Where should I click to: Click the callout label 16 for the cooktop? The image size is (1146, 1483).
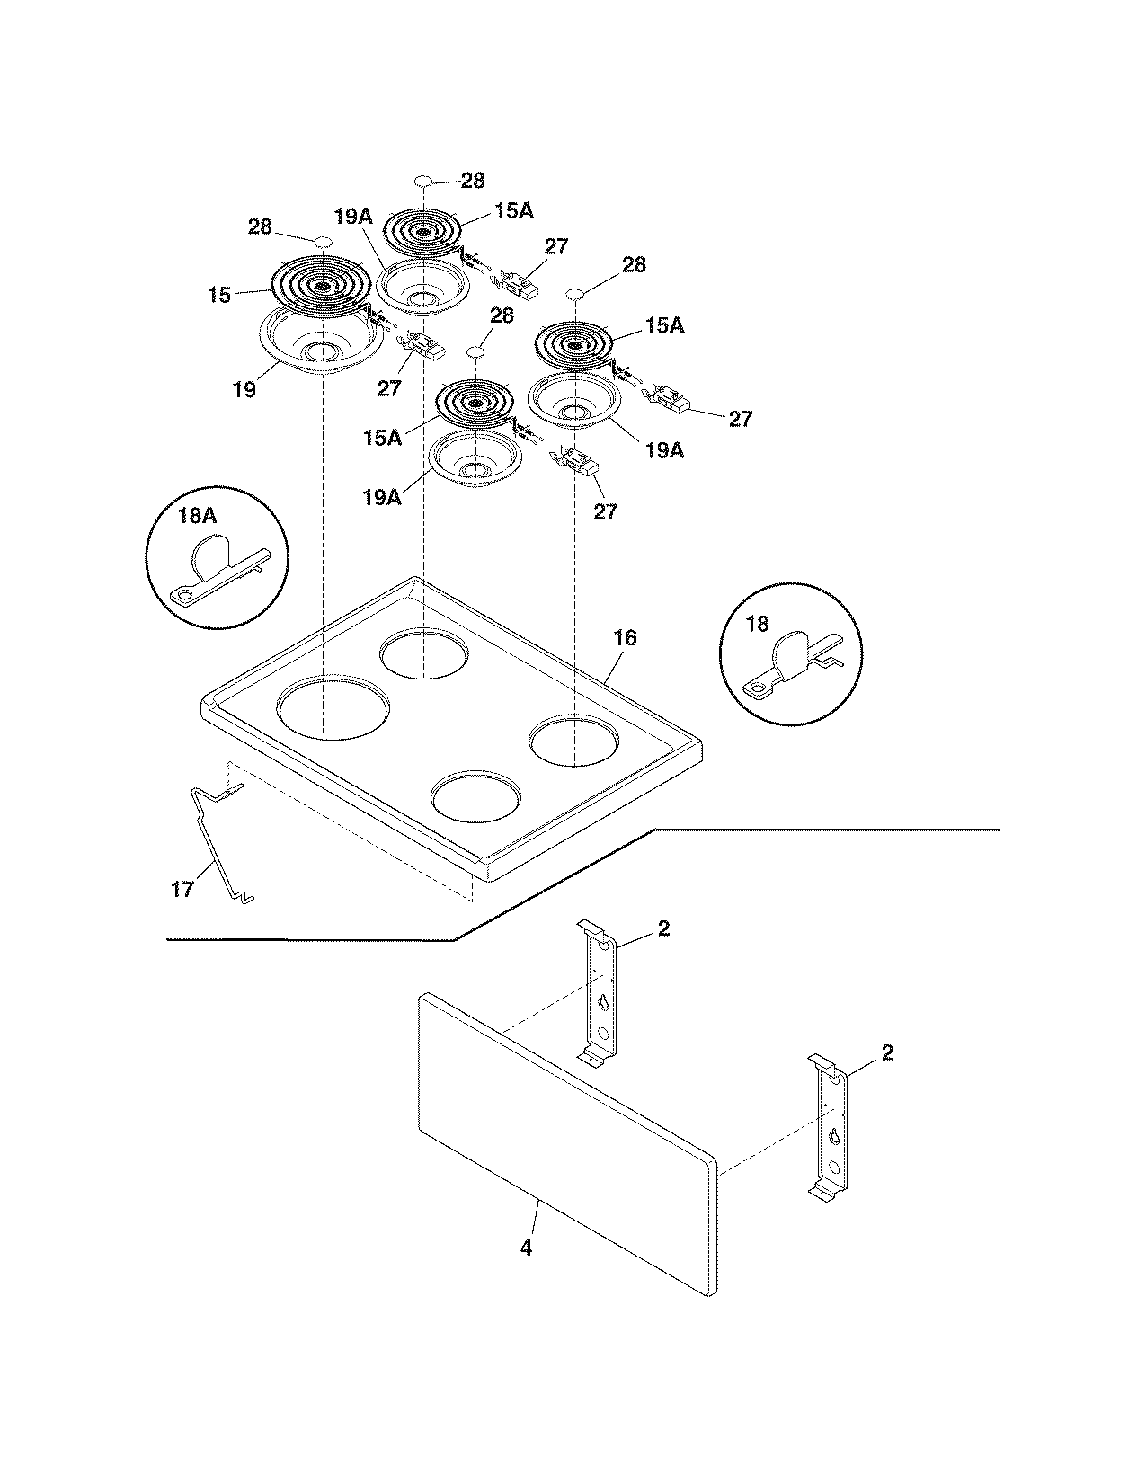pyautogui.click(x=625, y=637)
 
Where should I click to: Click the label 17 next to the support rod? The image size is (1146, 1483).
pyautogui.click(x=182, y=889)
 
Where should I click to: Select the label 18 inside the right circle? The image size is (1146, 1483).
pyautogui.click(x=757, y=624)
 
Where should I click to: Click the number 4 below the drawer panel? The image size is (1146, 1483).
pyautogui.click(x=526, y=1248)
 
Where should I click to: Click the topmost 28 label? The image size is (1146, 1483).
pyautogui.click(x=473, y=181)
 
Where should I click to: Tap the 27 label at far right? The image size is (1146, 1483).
pyautogui.click(x=740, y=419)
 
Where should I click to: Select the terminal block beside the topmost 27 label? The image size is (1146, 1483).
pyautogui.click(x=518, y=283)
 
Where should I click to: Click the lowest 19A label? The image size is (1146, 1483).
pyautogui.click(x=382, y=496)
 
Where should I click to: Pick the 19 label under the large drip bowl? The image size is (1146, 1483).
pyautogui.click(x=244, y=389)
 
